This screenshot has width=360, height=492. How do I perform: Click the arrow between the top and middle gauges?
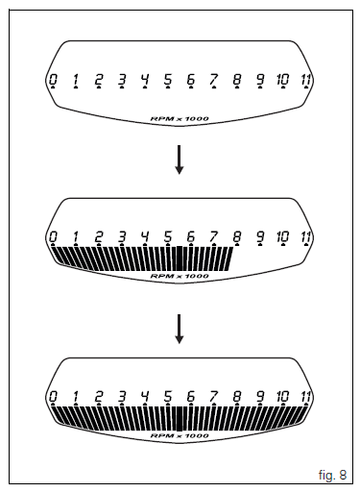point(180,160)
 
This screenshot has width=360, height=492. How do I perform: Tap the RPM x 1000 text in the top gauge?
point(180,118)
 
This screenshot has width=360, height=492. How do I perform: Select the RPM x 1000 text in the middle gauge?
point(180,277)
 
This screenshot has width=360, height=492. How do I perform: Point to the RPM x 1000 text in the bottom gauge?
point(180,435)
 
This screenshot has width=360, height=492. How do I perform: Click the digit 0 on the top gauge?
point(53,79)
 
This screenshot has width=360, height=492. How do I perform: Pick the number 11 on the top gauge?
point(305,79)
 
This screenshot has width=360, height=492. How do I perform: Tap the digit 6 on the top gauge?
point(191,79)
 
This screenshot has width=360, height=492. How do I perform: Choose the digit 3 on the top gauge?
point(122,79)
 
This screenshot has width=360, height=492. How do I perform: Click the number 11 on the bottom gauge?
point(305,396)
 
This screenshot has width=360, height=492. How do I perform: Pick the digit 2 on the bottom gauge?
point(99,396)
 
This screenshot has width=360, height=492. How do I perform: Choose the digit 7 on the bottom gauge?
point(213,396)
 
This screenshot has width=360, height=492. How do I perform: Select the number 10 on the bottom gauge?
point(282,396)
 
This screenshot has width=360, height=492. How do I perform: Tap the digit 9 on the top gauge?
point(259,79)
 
